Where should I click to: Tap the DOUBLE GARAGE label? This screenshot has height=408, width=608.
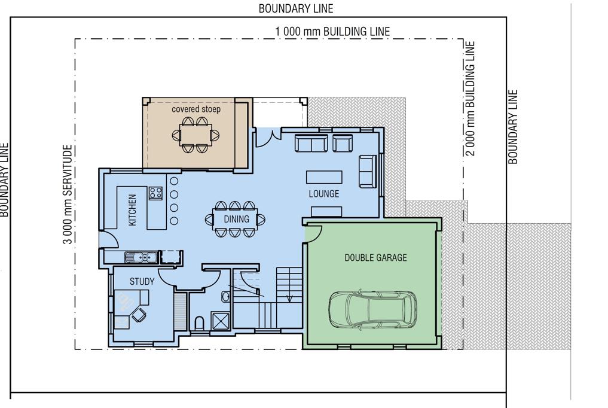click(x=375, y=257)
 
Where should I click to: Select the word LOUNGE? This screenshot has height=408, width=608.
click(x=324, y=193)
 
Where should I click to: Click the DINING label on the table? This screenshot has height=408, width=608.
click(x=236, y=219)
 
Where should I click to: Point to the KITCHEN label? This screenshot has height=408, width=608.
click(x=132, y=210)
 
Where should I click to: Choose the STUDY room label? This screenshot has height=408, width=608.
click(x=142, y=282)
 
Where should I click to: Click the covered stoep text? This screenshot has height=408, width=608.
click(x=196, y=109)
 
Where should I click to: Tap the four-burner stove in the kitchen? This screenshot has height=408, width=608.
click(x=155, y=193)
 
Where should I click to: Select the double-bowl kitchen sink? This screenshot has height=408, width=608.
click(x=141, y=257)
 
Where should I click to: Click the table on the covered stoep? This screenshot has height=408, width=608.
click(x=196, y=134)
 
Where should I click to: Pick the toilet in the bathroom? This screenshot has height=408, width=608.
click(x=199, y=322)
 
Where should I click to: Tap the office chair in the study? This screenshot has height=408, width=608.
click(x=139, y=314)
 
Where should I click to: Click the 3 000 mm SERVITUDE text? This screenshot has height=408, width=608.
click(x=68, y=194)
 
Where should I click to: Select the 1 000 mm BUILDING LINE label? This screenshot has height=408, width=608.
click(x=332, y=32)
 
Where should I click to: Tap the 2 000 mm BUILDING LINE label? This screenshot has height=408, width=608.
click(x=470, y=99)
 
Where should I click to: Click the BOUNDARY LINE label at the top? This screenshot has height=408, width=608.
click(x=296, y=8)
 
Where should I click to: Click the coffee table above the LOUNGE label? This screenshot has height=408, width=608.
click(x=324, y=177)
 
